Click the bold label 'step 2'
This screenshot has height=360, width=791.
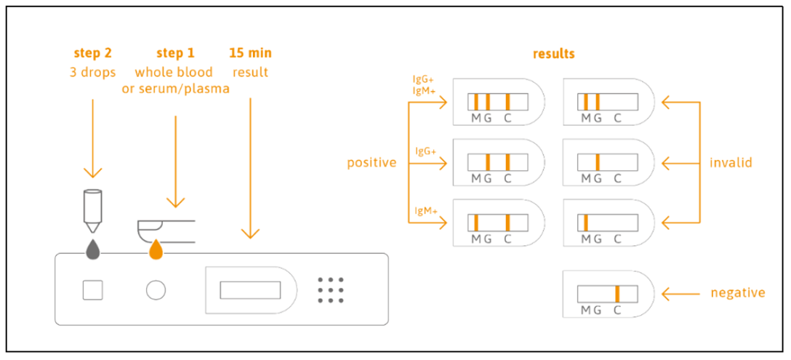(92, 53)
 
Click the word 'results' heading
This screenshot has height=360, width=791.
(553, 54)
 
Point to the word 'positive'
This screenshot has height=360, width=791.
(372, 162)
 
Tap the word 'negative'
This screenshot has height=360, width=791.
(737, 293)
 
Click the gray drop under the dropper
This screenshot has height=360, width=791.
(93, 249)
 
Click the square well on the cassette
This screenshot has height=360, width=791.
(92, 290)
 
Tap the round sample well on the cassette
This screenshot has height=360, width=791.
(155, 290)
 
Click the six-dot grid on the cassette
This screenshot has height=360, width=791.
(331, 290)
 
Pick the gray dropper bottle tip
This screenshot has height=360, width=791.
(93, 210)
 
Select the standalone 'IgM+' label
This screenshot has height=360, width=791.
(425, 211)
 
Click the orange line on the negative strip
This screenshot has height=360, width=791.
(617, 294)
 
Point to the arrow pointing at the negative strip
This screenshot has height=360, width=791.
(680, 294)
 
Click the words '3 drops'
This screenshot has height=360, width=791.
(92, 72)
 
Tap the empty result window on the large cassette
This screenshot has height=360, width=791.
(249, 290)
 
